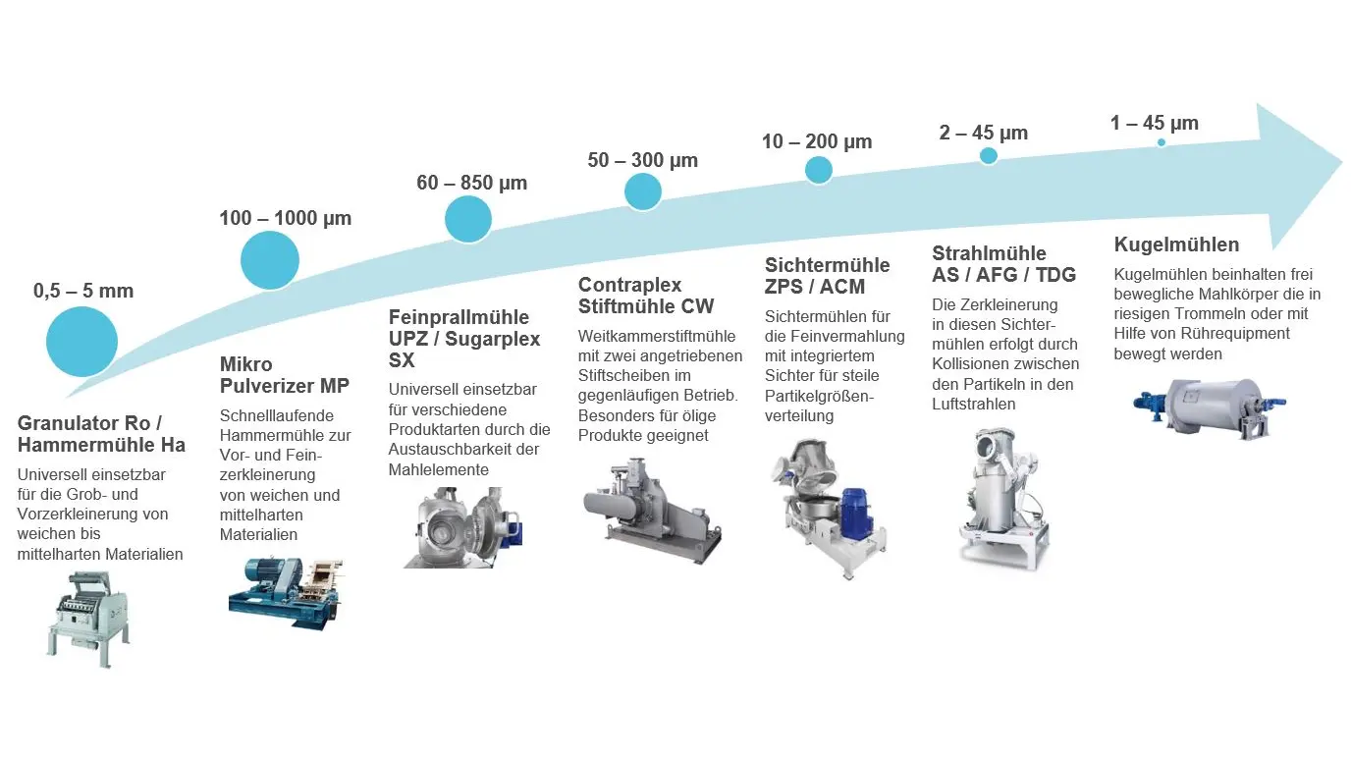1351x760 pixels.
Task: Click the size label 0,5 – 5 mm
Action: click(x=83, y=291)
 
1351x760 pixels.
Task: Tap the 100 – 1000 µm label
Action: click(x=285, y=218)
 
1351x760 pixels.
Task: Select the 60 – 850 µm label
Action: click(x=471, y=183)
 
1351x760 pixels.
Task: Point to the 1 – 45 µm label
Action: click(x=1154, y=124)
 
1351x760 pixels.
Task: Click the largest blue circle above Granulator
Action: click(x=81, y=342)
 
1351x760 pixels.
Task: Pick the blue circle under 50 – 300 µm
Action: click(x=643, y=191)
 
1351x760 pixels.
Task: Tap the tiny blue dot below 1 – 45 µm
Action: click(x=1162, y=142)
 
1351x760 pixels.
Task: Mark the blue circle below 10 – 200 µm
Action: click(x=819, y=170)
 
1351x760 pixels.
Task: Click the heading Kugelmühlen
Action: click(x=1176, y=244)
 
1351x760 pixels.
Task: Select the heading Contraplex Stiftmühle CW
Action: click(x=645, y=296)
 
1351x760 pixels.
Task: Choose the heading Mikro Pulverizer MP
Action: click(x=284, y=375)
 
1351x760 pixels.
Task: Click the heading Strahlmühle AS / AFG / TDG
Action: click(x=1003, y=264)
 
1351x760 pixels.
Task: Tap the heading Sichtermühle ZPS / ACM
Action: click(x=827, y=276)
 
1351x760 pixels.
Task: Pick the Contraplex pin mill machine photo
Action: click(x=651, y=506)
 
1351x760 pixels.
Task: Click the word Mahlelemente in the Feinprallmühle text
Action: click(x=438, y=469)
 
